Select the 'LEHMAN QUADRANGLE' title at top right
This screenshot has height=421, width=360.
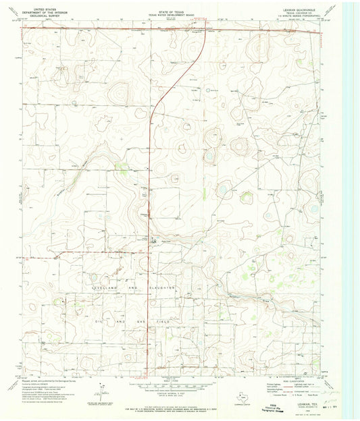[x=302, y=5]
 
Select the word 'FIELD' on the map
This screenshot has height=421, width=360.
[x=177, y=324]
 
